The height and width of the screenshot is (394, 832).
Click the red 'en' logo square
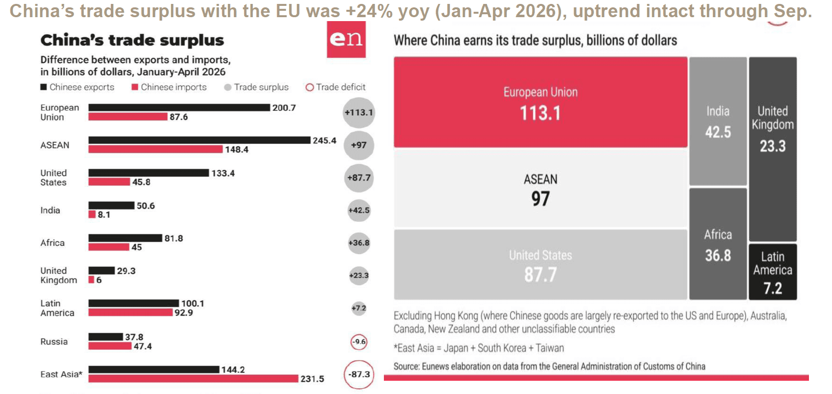[346, 39]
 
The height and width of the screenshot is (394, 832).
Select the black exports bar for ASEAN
[200, 140]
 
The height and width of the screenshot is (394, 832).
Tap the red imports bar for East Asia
[193, 378]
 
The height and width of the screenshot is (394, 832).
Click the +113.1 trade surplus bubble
[358, 112]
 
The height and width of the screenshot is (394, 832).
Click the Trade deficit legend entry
[335, 87]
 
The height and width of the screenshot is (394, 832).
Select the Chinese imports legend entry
[169, 87]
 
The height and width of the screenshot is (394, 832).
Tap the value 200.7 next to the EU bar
[284, 108]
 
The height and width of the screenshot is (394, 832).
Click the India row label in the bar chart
[50, 210]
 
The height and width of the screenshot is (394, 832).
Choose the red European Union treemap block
[540, 102]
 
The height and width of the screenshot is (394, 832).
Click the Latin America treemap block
[773, 272]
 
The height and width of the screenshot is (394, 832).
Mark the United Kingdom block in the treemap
[773, 149]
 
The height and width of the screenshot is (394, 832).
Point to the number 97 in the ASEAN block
[540, 199]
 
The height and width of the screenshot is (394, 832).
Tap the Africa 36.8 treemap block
[718, 244]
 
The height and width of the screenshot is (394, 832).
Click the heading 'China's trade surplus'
[132, 40]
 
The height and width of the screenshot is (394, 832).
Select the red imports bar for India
[92, 214]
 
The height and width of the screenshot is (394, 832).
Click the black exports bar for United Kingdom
[101, 270]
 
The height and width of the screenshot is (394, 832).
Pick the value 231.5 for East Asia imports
[312, 379]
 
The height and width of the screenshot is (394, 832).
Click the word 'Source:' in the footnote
[406, 367]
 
